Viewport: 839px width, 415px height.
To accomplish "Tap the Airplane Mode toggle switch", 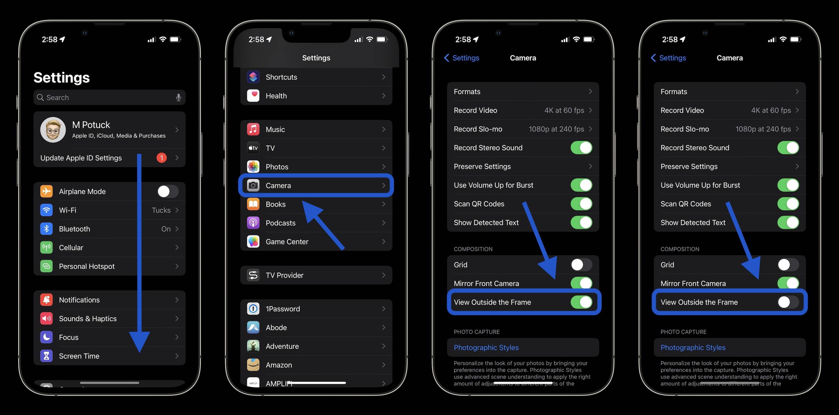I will tap(167, 191).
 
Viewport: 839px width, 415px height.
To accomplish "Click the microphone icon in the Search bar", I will tap(178, 97).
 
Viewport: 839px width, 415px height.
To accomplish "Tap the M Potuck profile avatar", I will tap(53, 130).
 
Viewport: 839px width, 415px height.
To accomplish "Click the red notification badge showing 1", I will tap(161, 158).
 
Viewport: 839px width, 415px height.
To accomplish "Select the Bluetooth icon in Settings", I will tap(46, 229).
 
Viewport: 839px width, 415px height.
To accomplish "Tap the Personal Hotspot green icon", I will tap(46, 266).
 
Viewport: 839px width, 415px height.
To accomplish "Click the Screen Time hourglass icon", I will tap(46, 356).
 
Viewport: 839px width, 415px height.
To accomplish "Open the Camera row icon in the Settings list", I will tap(253, 186).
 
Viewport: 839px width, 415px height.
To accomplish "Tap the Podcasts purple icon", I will tap(253, 223).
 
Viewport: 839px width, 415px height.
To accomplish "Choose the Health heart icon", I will tap(253, 96).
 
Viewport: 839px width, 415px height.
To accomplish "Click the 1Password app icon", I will tap(253, 309).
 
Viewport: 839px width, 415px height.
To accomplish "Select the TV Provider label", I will tap(284, 275).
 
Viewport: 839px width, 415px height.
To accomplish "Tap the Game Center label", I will tap(287, 242).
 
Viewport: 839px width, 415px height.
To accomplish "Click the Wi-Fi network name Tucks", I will tap(161, 210).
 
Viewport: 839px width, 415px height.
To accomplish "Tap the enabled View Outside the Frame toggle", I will tap(581, 302).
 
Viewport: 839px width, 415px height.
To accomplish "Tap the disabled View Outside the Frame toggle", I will tap(788, 302).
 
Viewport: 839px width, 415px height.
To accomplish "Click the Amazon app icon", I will tap(253, 365).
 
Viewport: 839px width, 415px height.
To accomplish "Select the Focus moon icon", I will tap(46, 337).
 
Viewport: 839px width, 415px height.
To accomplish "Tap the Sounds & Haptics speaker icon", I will tap(46, 318).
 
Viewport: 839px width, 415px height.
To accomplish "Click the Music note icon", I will tap(253, 130).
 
